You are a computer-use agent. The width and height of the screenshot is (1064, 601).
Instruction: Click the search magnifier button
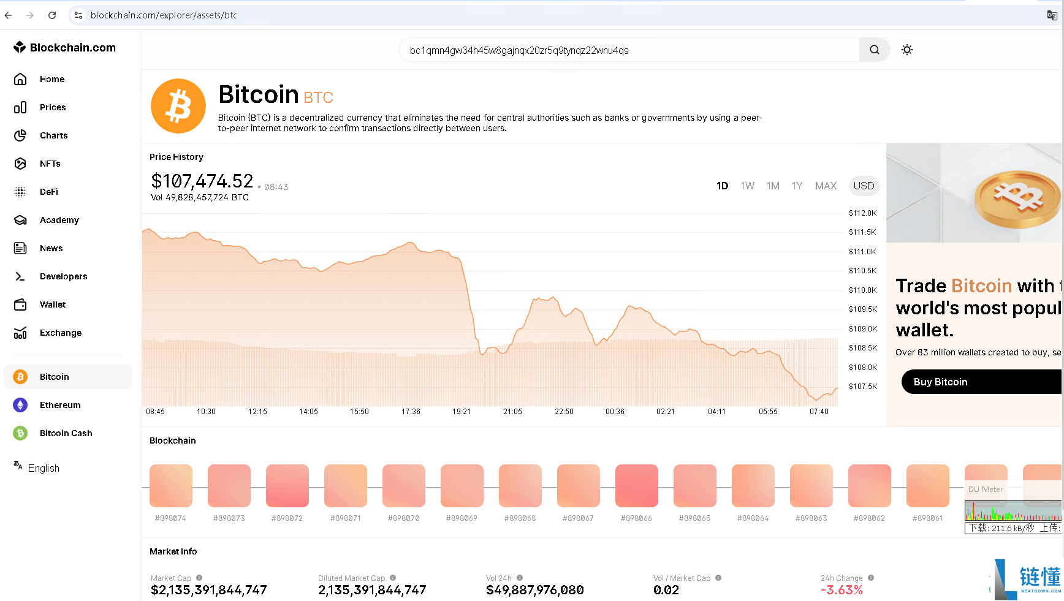(x=875, y=50)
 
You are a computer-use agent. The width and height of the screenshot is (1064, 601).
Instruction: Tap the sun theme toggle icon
(x=907, y=50)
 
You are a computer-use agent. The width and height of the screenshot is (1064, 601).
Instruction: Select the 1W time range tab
(x=748, y=186)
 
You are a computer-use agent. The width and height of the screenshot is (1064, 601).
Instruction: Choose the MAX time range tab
(x=826, y=186)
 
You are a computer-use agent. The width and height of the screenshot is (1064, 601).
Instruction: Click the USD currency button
(x=864, y=186)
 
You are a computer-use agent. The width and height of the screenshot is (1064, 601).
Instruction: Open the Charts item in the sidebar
(x=54, y=135)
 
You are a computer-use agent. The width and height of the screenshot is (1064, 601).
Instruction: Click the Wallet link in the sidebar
(x=53, y=304)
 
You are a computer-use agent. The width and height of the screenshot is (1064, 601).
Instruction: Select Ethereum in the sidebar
(x=60, y=405)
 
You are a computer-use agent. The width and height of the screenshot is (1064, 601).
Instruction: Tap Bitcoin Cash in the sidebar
(x=66, y=433)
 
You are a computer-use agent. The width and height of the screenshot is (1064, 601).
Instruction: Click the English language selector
(x=44, y=468)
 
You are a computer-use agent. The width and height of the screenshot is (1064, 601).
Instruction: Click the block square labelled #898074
(x=171, y=486)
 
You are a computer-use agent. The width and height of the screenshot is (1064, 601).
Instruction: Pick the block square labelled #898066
(x=637, y=486)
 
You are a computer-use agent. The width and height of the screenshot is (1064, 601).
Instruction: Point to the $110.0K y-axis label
(x=863, y=290)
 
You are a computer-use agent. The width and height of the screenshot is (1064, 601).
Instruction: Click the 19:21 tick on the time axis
(x=462, y=412)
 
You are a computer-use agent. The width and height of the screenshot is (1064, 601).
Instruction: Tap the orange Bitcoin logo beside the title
(x=178, y=106)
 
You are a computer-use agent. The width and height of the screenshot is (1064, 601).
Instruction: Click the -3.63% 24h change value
(x=842, y=590)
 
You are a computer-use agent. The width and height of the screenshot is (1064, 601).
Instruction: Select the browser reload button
(x=52, y=15)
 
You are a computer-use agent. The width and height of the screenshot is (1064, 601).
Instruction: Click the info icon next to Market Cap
(x=199, y=578)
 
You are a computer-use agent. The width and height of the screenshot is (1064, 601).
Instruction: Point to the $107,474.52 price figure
(x=202, y=181)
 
